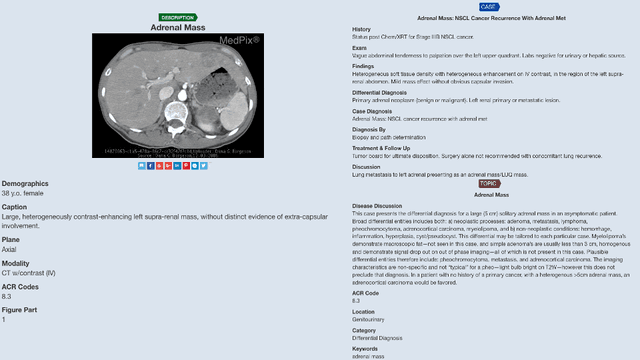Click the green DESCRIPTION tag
pos(178,17)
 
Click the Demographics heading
pos(25,184)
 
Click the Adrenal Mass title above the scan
pos(178,27)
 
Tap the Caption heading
pos(15,206)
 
